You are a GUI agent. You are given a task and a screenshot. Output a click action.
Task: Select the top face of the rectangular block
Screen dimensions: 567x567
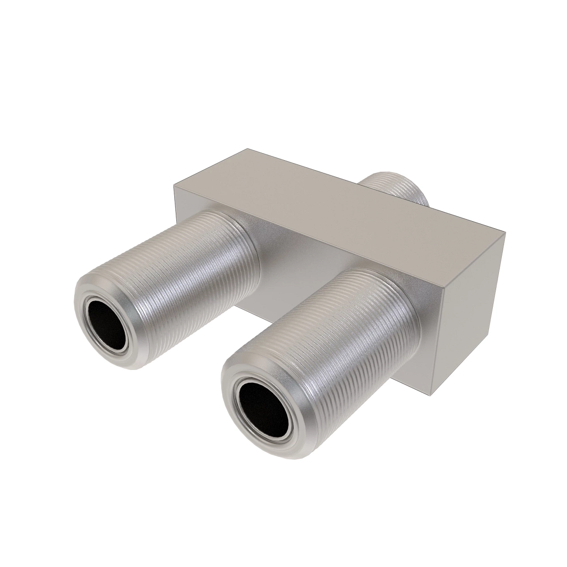pyautogui.click(x=331, y=198)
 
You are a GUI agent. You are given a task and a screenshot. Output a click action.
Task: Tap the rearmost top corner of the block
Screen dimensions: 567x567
pyautogui.click(x=247, y=149)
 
